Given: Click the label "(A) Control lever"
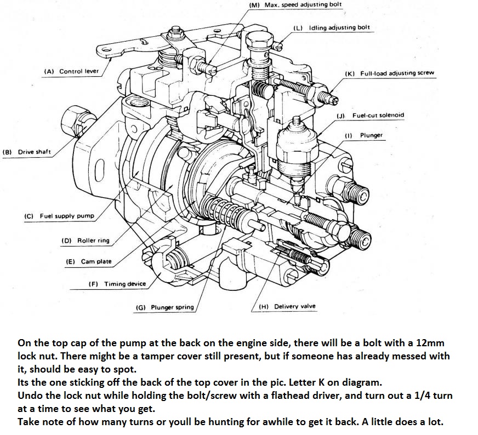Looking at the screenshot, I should point(72,71).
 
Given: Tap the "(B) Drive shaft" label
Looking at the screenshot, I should point(27,152).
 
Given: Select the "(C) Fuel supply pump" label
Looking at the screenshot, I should point(59,216).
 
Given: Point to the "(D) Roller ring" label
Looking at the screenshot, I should point(85,240).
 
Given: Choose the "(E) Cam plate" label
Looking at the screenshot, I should point(88,261).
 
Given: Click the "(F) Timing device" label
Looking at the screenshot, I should point(117,284).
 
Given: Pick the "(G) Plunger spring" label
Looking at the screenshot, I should point(164,307).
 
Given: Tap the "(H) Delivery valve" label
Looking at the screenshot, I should point(287,306).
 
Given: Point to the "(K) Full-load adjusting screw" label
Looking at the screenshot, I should point(389,73).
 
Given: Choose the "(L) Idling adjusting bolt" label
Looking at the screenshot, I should point(331,27).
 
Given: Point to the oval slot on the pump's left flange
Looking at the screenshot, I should point(99,170).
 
